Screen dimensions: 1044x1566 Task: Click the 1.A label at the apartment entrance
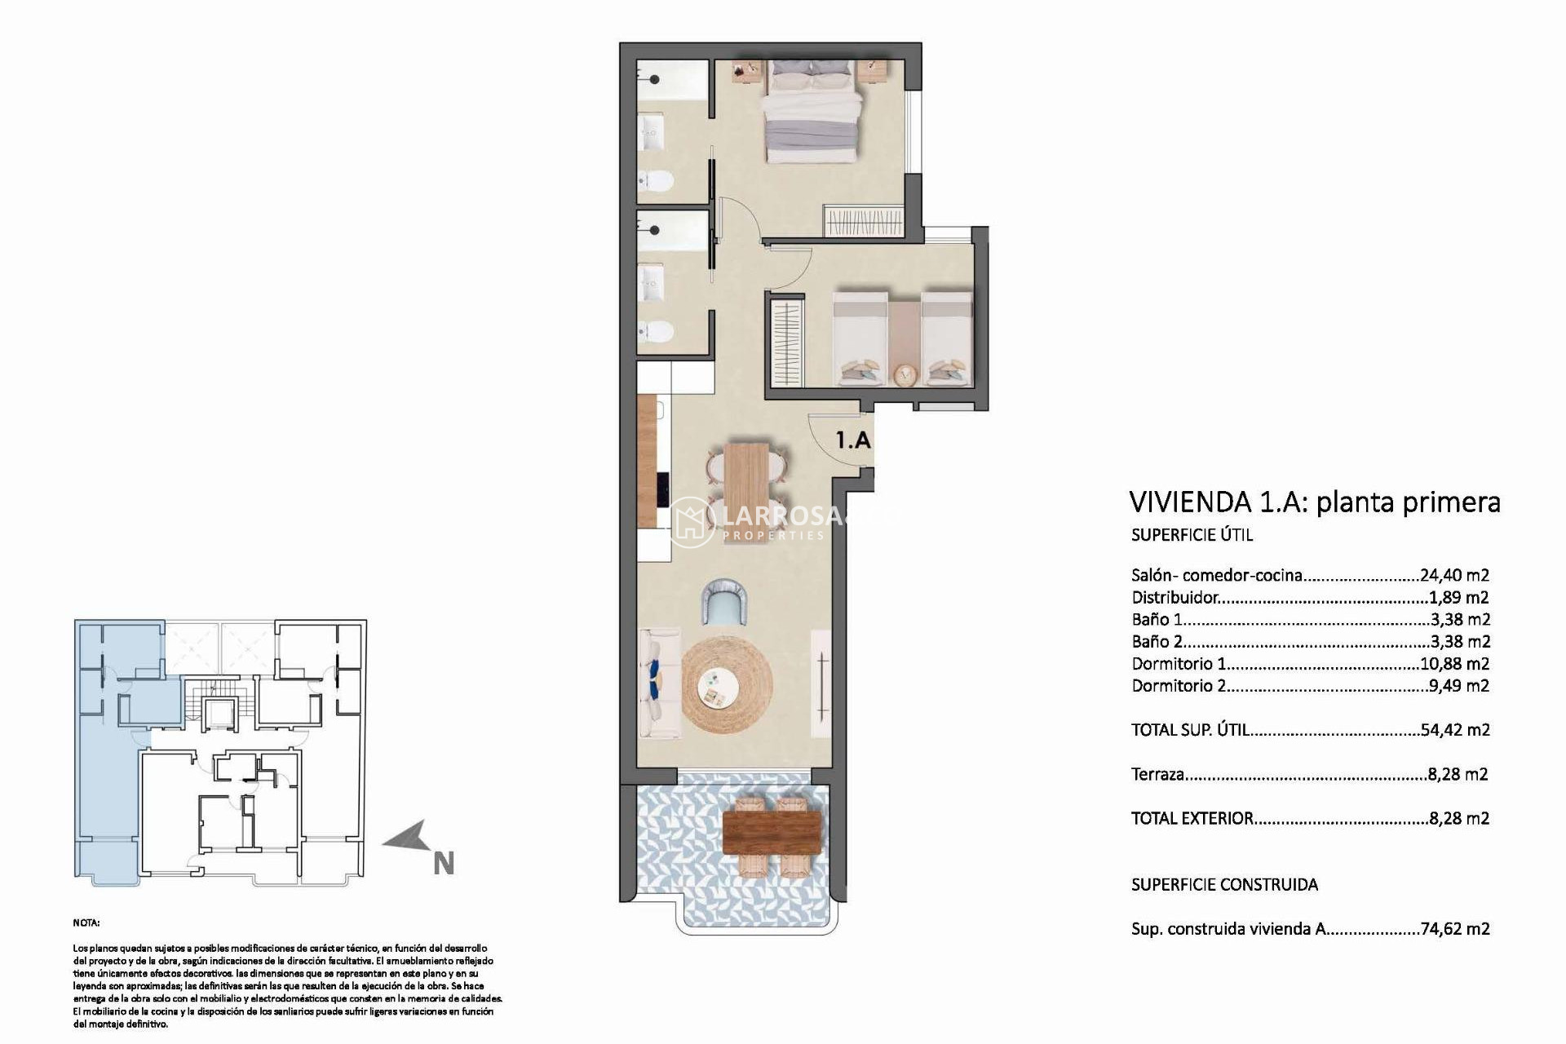point(853,440)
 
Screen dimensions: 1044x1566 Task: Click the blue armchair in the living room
point(726,601)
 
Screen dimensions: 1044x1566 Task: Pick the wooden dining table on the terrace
point(772,833)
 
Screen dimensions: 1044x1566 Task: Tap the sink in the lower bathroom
point(652,282)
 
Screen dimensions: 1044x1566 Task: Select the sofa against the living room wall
point(659,683)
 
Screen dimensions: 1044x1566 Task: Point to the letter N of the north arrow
point(444,864)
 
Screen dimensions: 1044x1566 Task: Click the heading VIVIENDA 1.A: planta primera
point(1314,502)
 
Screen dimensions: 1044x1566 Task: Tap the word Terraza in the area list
point(1157,774)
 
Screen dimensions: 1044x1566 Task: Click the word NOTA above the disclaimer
point(86,922)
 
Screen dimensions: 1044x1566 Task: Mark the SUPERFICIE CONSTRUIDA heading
point(1224,884)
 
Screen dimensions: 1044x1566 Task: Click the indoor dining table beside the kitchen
point(746,480)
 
